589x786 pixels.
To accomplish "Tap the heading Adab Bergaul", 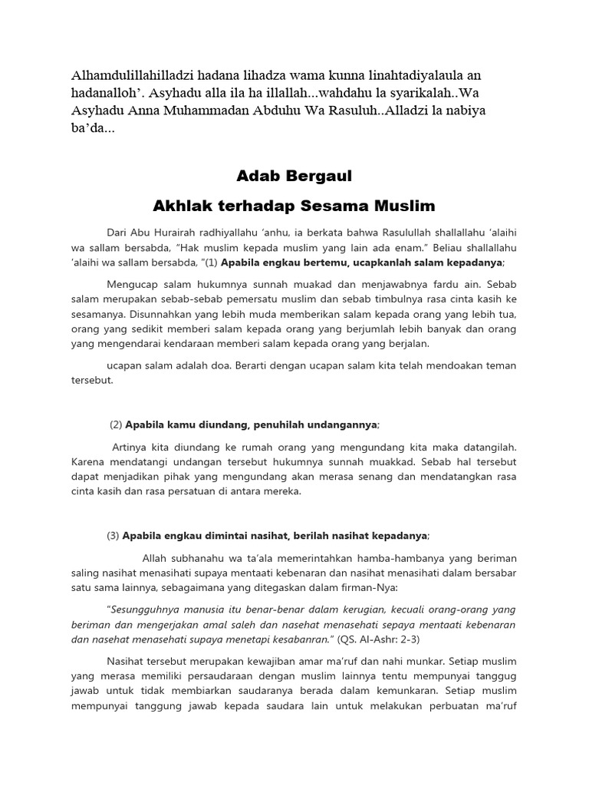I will [x=294, y=177].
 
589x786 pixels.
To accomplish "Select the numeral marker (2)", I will [x=116, y=424].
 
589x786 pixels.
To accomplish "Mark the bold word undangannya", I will [x=339, y=424].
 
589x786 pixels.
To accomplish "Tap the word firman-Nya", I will [x=372, y=588].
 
